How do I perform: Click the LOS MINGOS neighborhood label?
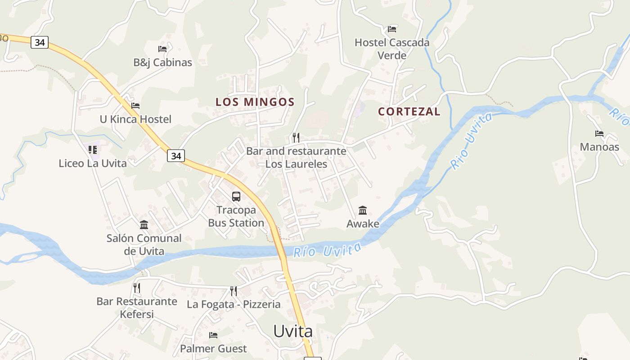pos(255,102)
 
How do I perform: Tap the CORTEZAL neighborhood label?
pos(409,112)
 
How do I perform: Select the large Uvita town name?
pos(293,331)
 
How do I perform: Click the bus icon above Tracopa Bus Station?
pos(236,197)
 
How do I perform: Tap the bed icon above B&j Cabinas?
pos(162,49)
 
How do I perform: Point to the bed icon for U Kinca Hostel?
pos(135,106)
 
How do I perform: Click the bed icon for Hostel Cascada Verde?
pos(392,29)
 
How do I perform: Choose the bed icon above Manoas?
pos(599,134)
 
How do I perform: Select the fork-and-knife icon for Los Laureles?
pos(296,137)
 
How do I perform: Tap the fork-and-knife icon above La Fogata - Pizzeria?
pos(233,291)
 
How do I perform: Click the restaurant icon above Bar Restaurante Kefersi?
pos(137,288)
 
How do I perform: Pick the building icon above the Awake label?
pos(363,210)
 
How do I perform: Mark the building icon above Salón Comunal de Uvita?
pos(144,225)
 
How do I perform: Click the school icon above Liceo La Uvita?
pos(93,150)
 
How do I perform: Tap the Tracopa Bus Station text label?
pos(236,216)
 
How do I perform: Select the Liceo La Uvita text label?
pos(93,163)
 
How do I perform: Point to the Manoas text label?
pos(599,147)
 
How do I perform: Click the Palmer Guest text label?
pos(213,349)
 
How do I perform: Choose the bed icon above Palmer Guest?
pos(213,335)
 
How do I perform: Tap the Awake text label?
pos(363,224)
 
